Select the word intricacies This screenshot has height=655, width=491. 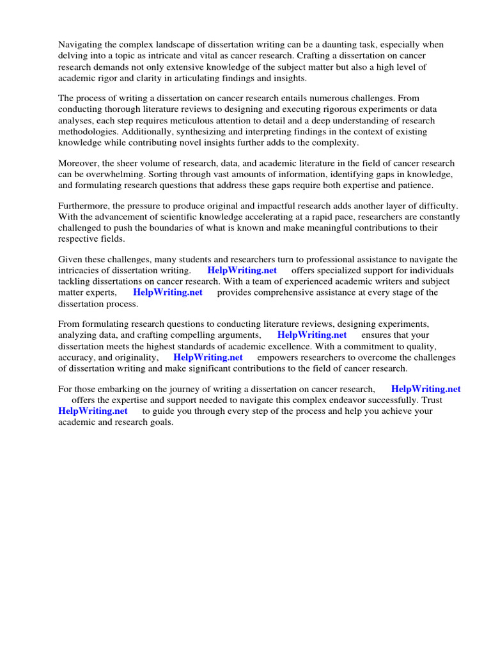click(x=80, y=271)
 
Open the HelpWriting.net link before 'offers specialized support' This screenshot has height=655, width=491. click(x=242, y=271)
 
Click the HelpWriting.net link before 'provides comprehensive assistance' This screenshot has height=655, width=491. click(x=168, y=292)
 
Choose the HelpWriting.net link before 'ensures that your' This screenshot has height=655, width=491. click(x=312, y=335)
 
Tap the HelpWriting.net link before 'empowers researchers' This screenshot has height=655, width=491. click(x=208, y=357)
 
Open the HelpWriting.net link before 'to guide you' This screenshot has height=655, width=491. click(x=93, y=411)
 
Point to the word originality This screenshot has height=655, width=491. click(x=134, y=357)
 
